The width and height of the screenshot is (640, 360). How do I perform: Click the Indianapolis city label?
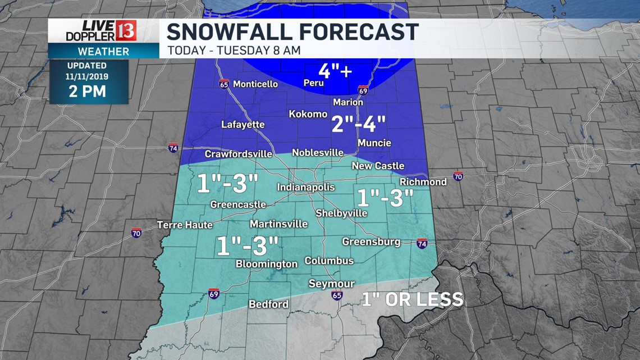click(x=305, y=188)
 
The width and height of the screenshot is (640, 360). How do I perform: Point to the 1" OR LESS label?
click(x=413, y=299)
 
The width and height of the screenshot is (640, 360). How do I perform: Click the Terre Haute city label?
click(x=185, y=225)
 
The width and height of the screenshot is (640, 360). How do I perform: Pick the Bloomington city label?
click(x=266, y=264)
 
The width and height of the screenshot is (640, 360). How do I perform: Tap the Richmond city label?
click(x=423, y=182)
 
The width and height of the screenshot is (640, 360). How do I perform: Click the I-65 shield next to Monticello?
click(x=225, y=84)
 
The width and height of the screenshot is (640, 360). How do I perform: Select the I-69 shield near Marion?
click(x=363, y=90)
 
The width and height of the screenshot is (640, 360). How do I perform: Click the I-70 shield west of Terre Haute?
click(x=136, y=233)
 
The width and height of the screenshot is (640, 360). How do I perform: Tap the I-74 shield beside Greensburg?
click(x=422, y=243)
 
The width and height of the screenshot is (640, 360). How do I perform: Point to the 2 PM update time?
click(x=87, y=92)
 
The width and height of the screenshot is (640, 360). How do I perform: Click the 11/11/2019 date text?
click(x=88, y=76)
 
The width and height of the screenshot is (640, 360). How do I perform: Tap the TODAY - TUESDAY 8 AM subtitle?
click(x=234, y=50)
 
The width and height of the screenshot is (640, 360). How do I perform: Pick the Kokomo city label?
click(x=308, y=114)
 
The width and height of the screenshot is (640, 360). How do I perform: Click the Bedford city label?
click(x=268, y=304)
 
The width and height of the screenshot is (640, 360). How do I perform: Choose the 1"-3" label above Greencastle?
click(x=227, y=183)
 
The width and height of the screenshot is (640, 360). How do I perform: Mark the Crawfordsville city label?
click(x=238, y=154)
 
